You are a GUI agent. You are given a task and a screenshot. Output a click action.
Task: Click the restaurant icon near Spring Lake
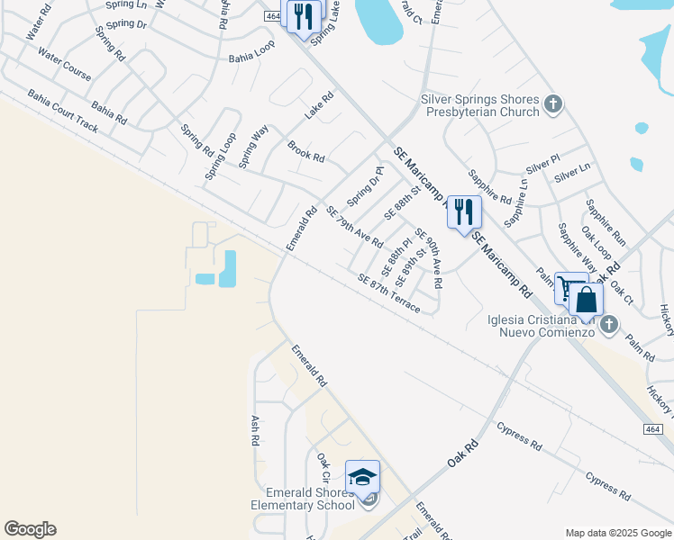pos(304,16)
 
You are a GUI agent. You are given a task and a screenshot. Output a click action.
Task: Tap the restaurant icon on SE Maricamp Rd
pos(464,212)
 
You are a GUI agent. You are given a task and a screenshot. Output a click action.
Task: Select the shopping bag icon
pos(586,300)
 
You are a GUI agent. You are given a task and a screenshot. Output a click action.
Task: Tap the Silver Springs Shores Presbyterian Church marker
pos(553,105)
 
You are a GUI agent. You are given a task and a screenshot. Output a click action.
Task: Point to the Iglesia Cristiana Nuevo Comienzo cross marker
pos(610,324)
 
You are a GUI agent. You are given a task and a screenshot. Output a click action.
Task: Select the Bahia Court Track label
pos(63,111)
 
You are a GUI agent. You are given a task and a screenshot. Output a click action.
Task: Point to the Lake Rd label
pos(319,105)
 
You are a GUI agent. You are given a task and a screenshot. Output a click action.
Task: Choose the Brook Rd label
pos(305,150)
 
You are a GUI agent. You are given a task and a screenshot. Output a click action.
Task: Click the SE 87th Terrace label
pos(388,292)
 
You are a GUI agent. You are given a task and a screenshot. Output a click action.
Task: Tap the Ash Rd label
pos(254,430)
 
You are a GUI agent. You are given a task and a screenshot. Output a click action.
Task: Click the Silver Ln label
pos(572,167)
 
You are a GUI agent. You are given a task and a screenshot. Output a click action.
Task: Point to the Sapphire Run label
pos(606,223)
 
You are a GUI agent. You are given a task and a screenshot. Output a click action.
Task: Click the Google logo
pos(30,529)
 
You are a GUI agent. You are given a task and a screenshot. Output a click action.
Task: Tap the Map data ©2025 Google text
pos(617,533)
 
